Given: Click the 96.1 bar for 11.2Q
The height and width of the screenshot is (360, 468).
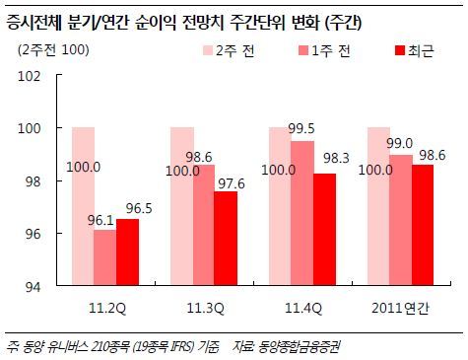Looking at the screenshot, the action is [x=105, y=257].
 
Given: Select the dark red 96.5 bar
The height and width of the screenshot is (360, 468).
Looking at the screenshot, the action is [x=128, y=252].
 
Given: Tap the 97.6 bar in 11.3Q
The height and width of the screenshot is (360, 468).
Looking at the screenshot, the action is [x=226, y=238].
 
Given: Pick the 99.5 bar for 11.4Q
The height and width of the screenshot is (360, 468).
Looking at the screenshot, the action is [x=302, y=213].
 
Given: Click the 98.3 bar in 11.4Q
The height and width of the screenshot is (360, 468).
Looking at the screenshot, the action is [x=325, y=229].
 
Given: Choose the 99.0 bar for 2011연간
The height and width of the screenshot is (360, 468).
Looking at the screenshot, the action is [x=401, y=220].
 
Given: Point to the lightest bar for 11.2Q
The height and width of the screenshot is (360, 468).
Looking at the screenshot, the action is [x=83, y=206].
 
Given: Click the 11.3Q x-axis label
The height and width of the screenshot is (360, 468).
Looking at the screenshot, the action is [x=205, y=309].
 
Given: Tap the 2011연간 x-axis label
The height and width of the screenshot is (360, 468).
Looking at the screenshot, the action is [x=400, y=309].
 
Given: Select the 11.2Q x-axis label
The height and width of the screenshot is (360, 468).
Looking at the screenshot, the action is [x=107, y=309].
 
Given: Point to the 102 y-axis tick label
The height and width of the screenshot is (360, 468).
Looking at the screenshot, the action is [x=29, y=76].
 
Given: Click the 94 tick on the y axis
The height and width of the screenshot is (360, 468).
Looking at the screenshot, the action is [x=33, y=287].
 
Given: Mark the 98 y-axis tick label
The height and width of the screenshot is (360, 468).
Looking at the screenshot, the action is [x=33, y=181].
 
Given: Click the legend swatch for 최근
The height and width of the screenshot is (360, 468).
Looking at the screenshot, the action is [x=400, y=51].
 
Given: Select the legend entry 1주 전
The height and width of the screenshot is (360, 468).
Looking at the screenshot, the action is [x=324, y=51].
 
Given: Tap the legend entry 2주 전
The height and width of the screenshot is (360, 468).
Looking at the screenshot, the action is [x=229, y=51].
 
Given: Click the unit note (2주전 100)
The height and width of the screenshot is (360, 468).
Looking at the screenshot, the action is [x=53, y=50].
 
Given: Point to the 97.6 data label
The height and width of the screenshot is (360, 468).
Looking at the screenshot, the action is [x=232, y=183].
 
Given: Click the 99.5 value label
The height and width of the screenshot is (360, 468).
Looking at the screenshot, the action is [x=301, y=128].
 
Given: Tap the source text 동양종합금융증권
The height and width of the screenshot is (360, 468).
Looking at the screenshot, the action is [x=299, y=347].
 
